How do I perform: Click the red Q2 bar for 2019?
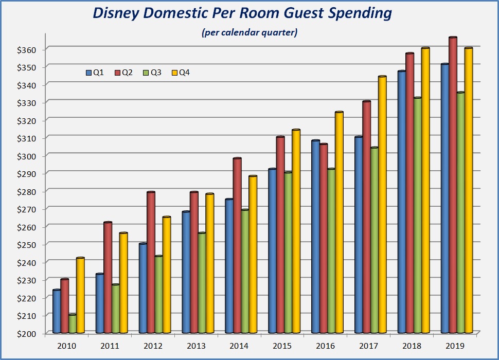coord(453,185)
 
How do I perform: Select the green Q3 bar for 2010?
coord(73,324)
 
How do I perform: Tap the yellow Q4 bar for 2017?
coord(382,206)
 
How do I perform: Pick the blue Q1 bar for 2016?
coord(316,237)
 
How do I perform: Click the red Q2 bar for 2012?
coord(151,262)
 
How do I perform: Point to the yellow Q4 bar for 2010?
coord(80,296)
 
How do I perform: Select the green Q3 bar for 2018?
coord(418,216)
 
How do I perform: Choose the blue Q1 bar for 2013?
coord(186,273)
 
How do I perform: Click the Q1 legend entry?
coord(95,73)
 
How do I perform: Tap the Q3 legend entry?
coord(153,73)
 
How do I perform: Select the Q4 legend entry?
coord(181,73)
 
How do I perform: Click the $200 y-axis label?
coord(25,334)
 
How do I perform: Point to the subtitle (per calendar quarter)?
coord(249,33)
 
